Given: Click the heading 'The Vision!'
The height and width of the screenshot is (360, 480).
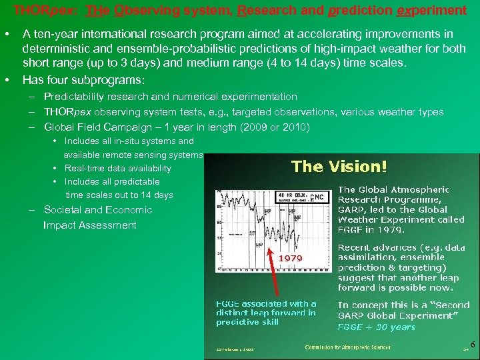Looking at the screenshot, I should click(x=339, y=166).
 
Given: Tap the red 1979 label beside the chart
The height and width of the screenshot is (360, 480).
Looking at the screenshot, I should click(x=291, y=257).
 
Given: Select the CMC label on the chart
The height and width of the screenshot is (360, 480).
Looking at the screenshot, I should click(x=319, y=197).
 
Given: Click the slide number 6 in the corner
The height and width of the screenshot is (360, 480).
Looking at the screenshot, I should click(x=473, y=345).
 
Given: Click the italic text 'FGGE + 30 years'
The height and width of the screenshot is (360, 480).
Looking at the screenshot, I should click(x=376, y=327).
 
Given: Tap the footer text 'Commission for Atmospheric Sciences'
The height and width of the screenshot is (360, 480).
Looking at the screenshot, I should click(x=347, y=347).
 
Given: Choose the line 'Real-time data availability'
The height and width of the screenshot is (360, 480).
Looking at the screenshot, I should click(x=117, y=168).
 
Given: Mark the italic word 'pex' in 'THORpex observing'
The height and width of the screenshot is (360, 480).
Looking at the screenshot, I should click(x=84, y=112).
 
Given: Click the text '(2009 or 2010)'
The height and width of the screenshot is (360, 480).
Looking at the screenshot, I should click(x=278, y=127).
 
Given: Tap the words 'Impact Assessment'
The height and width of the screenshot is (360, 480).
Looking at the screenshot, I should click(x=89, y=225).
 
